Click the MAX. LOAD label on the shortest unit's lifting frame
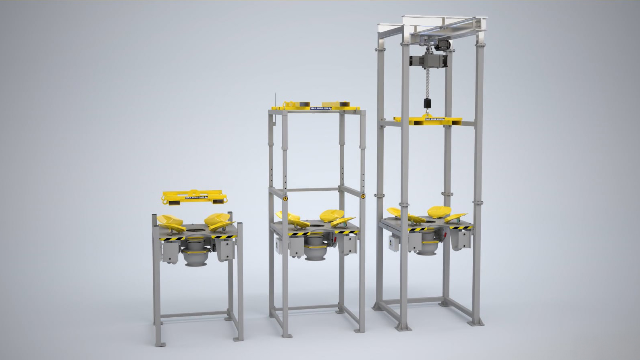pyautogui.click(x=195, y=198)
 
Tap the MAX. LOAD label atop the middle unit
pyautogui.click(x=321, y=108)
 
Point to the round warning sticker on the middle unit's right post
pyautogui.click(x=362, y=196)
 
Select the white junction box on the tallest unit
pyautogui.click(x=393, y=242)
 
